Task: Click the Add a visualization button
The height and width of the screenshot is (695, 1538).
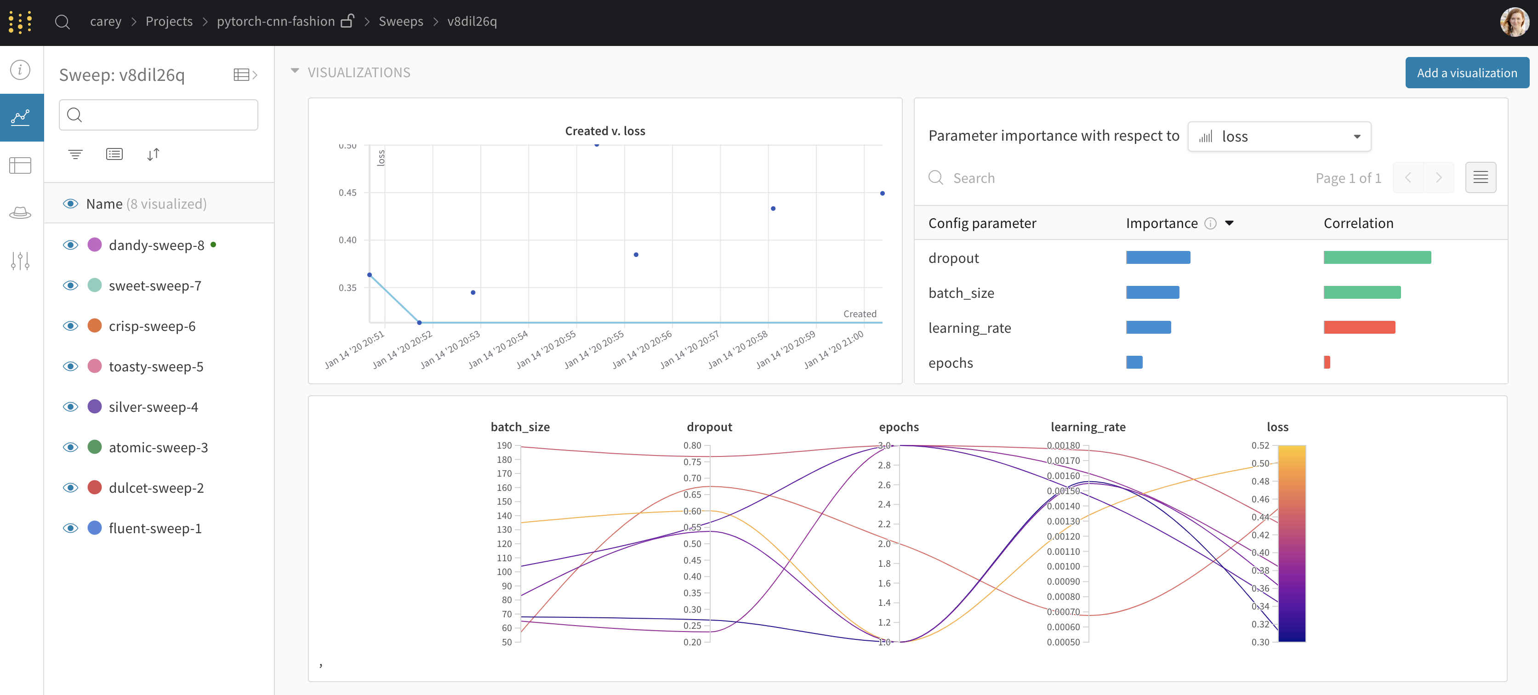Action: pyautogui.click(x=1466, y=73)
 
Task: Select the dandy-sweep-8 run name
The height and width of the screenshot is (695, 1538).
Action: pyautogui.click(x=156, y=245)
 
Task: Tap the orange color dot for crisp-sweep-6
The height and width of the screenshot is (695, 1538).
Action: pyautogui.click(x=94, y=326)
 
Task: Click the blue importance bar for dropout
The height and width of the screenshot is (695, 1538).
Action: pyautogui.click(x=1158, y=257)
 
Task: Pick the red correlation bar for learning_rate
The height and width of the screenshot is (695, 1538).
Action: pyautogui.click(x=1359, y=327)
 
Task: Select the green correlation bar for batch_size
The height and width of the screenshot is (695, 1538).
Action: pyautogui.click(x=1361, y=292)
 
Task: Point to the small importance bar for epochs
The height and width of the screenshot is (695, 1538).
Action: pyautogui.click(x=1134, y=362)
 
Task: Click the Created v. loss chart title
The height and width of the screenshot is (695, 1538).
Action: pyautogui.click(x=605, y=131)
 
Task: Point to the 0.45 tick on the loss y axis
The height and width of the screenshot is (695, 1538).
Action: pyautogui.click(x=347, y=193)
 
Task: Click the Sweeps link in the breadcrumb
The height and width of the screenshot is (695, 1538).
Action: pyautogui.click(x=401, y=22)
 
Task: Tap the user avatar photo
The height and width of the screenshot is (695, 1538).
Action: pyautogui.click(x=1514, y=22)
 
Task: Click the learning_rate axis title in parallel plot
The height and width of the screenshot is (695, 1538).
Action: pyautogui.click(x=1088, y=427)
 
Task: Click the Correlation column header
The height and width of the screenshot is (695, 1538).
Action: pyautogui.click(x=1358, y=223)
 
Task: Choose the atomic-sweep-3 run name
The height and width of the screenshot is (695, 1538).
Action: pyautogui.click(x=158, y=447)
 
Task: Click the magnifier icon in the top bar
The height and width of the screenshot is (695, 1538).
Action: pyautogui.click(x=62, y=22)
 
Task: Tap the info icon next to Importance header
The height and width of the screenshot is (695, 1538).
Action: pyautogui.click(x=1210, y=223)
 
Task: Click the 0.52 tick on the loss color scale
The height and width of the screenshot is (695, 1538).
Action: pyautogui.click(x=1260, y=445)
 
